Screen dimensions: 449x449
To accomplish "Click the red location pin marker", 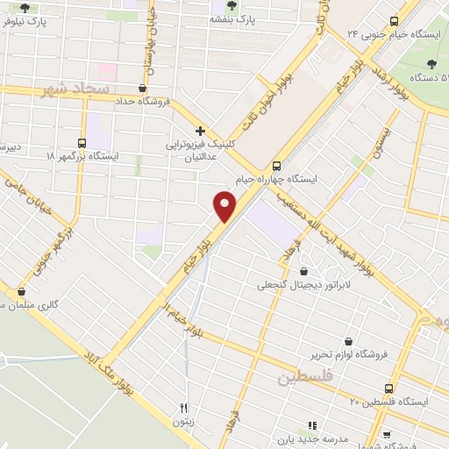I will (225, 207).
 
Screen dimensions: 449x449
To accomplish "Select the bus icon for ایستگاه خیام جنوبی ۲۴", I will (393, 21).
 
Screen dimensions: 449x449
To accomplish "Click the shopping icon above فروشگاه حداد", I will (142, 88).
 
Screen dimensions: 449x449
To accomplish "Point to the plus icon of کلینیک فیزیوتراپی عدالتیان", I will (201, 129).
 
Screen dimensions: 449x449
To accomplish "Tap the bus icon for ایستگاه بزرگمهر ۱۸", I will (82, 143).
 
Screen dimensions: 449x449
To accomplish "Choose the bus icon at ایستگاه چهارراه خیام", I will (277, 165).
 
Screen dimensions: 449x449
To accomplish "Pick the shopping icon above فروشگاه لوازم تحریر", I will (349, 341).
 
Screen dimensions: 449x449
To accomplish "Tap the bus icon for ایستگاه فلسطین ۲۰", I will (388, 388).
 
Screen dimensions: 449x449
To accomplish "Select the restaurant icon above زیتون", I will (183, 408).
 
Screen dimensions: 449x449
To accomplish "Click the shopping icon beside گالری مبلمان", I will (22, 292).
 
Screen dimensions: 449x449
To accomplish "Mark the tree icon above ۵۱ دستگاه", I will (431, 63).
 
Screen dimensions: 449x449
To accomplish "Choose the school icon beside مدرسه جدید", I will (312, 425).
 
